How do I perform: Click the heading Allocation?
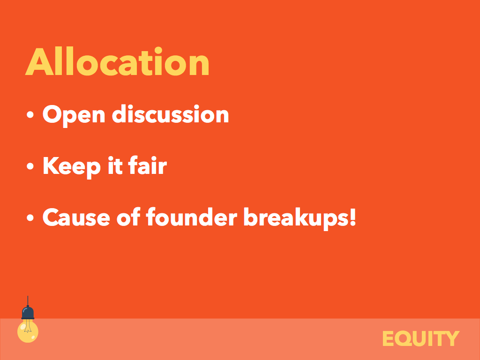click(x=117, y=61)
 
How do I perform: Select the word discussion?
click(x=171, y=114)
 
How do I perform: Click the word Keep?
click(x=72, y=167)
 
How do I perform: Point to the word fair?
click(x=148, y=165)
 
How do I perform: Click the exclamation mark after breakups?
click(x=352, y=217)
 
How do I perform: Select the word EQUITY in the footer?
click(x=421, y=338)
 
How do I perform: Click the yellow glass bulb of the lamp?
click(x=28, y=331)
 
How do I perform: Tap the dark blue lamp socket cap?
click(x=28, y=313)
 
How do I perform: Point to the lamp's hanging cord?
click(x=28, y=300)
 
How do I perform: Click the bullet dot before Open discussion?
click(x=30, y=114)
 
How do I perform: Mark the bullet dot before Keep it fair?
click(x=30, y=166)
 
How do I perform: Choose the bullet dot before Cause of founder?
click(x=30, y=217)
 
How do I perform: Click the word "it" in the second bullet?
click(x=115, y=165)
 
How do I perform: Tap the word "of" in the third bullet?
click(x=128, y=217)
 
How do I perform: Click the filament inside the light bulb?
click(x=28, y=326)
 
